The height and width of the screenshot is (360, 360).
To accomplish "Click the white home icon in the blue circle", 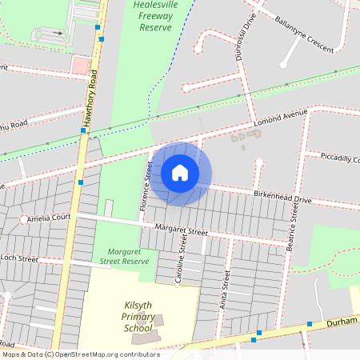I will click(x=180, y=173).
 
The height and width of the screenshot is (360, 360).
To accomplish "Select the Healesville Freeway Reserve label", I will click(x=155, y=16).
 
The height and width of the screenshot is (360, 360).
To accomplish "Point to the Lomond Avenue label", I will click(x=281, y=118).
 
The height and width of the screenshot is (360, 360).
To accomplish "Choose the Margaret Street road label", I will click(x=181, y=231).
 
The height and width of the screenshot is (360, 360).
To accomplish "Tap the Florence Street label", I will click(x=146, y=186).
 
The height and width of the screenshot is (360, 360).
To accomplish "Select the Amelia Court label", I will click(x=49, y=217).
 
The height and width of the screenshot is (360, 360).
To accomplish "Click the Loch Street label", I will click(x=19, y=258).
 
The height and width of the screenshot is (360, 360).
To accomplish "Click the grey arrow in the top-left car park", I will click(x=56, y=33).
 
